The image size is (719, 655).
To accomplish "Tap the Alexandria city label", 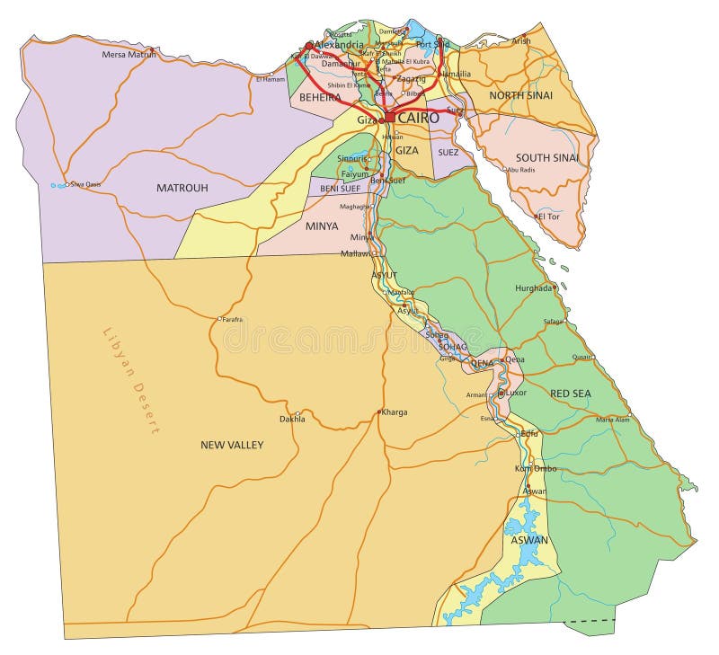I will tap(339, 45).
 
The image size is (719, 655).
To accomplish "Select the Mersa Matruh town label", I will tap(129, 55).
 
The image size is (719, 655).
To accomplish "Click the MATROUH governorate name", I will tap(182, 188).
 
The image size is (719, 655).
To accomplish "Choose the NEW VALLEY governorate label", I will tap(232, 445).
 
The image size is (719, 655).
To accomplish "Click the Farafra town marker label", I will tap(233, 319).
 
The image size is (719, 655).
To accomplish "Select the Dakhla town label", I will tap(292, 419).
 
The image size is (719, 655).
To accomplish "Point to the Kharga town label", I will tap(394, 412).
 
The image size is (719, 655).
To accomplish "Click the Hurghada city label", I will tap(533, 288).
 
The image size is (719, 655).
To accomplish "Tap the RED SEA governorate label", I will tap(571, 394).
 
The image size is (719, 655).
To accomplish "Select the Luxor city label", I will tap(516, 393).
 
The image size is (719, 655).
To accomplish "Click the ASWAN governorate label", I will tap(528, 540).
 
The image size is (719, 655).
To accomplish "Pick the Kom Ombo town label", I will tap(535, 469).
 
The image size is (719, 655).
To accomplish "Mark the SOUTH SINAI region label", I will tap(547, 158).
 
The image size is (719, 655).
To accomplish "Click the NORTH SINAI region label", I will tap(520, 95).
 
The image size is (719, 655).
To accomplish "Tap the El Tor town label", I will tap(548, 217).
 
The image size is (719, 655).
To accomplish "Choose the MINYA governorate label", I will tap(322, 226).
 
